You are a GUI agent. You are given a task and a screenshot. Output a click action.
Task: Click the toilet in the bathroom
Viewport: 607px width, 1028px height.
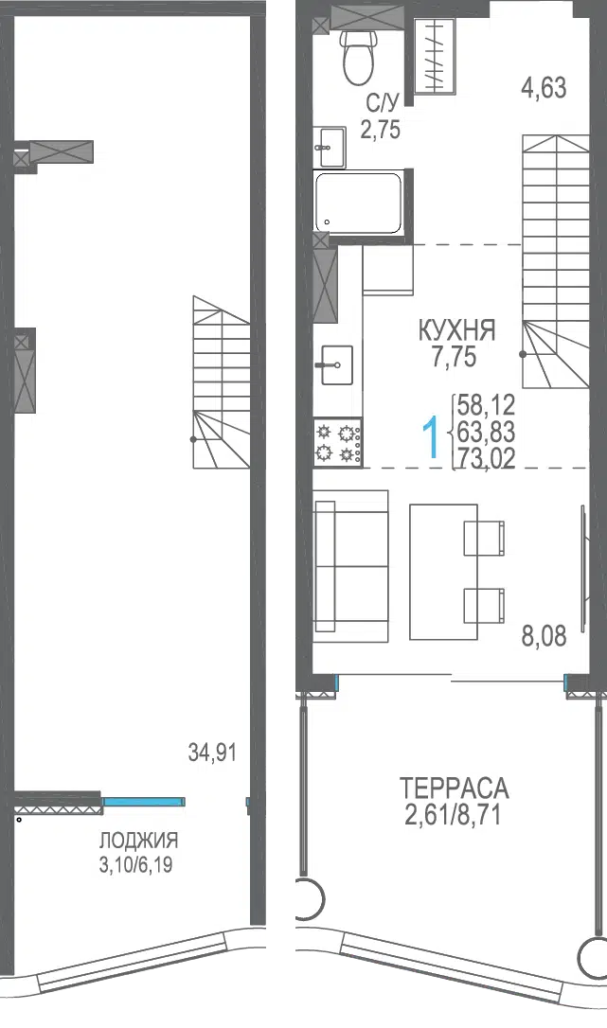(358, 57)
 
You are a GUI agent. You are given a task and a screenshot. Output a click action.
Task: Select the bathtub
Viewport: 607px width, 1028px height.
(358, 203)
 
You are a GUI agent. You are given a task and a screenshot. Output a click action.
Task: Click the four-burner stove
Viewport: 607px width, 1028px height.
(338, 443)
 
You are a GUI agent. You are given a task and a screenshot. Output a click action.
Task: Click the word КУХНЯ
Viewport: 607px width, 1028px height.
(456, 330)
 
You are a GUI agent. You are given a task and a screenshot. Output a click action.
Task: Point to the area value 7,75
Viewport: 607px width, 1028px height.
(455, 358)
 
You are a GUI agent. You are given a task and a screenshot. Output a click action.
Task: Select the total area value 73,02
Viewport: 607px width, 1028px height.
(486, 458)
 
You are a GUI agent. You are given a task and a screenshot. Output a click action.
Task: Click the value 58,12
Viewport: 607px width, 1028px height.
(486, 405)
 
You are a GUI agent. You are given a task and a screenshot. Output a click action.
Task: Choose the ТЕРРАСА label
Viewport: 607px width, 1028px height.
(455, 788)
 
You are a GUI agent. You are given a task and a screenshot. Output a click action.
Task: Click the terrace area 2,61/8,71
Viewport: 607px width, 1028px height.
(454, 815)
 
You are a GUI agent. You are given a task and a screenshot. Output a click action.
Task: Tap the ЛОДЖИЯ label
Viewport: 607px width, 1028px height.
(138, 840)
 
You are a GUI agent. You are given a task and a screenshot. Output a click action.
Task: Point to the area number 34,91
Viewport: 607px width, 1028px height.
(212, 753)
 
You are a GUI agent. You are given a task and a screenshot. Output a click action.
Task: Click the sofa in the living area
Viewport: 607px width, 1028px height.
(351, 566)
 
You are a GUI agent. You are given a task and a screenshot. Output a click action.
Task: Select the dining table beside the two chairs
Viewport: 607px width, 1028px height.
(443, 572)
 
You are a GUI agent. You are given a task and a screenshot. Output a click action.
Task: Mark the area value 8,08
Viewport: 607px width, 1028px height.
(544, 637)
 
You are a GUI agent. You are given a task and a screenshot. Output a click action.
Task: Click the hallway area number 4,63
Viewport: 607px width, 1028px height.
(544, 87)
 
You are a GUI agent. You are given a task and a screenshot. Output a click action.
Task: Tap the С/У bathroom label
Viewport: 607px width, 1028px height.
(383, 103)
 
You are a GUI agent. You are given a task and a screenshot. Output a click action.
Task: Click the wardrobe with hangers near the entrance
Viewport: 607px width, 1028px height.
(435, 56)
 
